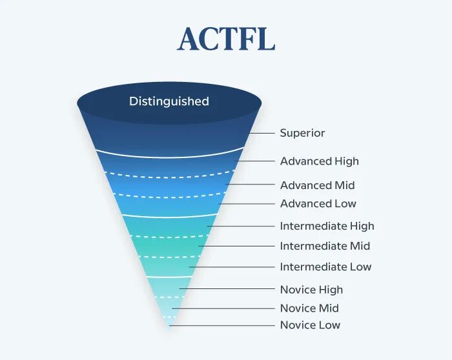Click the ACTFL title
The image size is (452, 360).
(x=226, y=40)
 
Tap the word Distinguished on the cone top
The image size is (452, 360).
(x=169, y=101)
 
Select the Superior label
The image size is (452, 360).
(x=302, y=133)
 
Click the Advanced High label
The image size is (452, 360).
(x=319, y=161)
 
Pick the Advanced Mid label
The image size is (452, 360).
(x=317, y=185)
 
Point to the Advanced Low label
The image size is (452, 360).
(x=318, y=204)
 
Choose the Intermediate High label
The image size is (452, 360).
(x=327, y=226)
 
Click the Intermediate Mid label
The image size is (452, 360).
(x=325, y=246)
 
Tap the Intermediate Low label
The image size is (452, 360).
(x=325, y=267)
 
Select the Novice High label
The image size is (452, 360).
(x=311, y=290)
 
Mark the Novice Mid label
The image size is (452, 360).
(x=309, y=308)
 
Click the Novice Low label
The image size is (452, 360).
(x=310, y=325)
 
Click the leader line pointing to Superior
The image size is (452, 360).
(x=262, y=133)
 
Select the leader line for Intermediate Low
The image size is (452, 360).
(x=232, y=267)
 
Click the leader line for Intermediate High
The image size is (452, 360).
(x=241, y=226)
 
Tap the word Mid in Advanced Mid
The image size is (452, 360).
(x=345, y=185)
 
